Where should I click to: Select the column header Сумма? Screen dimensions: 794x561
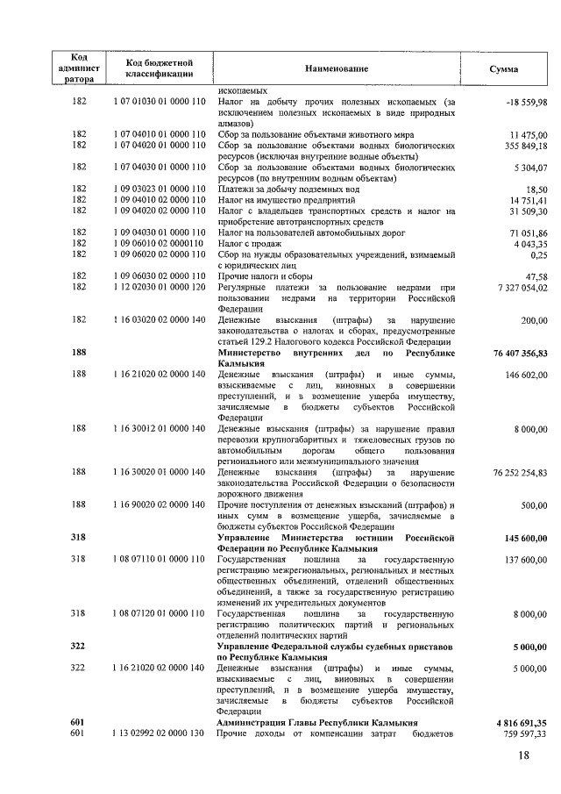coord(503,68)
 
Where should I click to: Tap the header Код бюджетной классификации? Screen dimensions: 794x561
coord(160,68)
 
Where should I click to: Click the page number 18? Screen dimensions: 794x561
coord(523,756)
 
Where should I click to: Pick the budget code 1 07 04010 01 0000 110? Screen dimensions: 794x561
coord(160,134)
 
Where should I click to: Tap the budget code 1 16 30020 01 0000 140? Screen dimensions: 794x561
coord(160,472)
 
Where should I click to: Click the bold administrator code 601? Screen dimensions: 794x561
coord(79,722)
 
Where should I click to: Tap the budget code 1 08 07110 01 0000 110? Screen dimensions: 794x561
coord(160,558)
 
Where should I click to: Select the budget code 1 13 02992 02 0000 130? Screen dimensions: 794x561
coord(160,733)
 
